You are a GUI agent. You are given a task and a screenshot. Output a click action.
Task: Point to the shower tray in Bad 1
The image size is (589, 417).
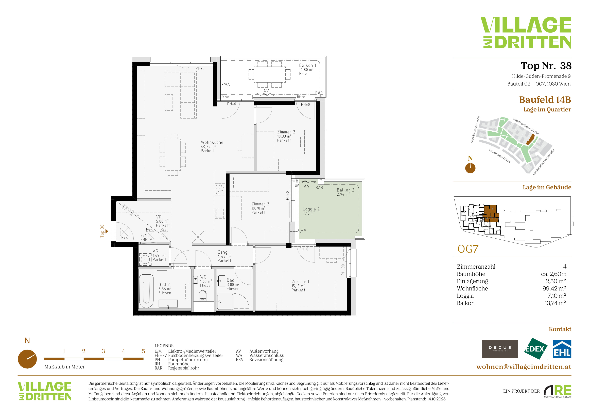pos(226,302)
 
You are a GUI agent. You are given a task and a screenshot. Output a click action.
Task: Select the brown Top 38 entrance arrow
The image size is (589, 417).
pos(107,231)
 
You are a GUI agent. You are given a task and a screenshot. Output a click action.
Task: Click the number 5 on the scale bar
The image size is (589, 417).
pos(143,351)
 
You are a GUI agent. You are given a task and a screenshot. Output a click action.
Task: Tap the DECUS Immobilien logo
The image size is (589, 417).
pos(500,349)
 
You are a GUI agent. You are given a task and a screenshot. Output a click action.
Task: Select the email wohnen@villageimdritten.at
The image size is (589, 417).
pos(524,367)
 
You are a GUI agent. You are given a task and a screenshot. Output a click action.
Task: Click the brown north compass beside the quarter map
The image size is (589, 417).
pos(470,168)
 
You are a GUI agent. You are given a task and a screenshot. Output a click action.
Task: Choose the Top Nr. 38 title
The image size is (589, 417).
pos(546,66)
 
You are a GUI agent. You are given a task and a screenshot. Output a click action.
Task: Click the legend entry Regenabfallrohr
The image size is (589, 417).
pos(183,368)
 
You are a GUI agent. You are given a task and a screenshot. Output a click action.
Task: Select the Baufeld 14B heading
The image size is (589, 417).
pos(545,100)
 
